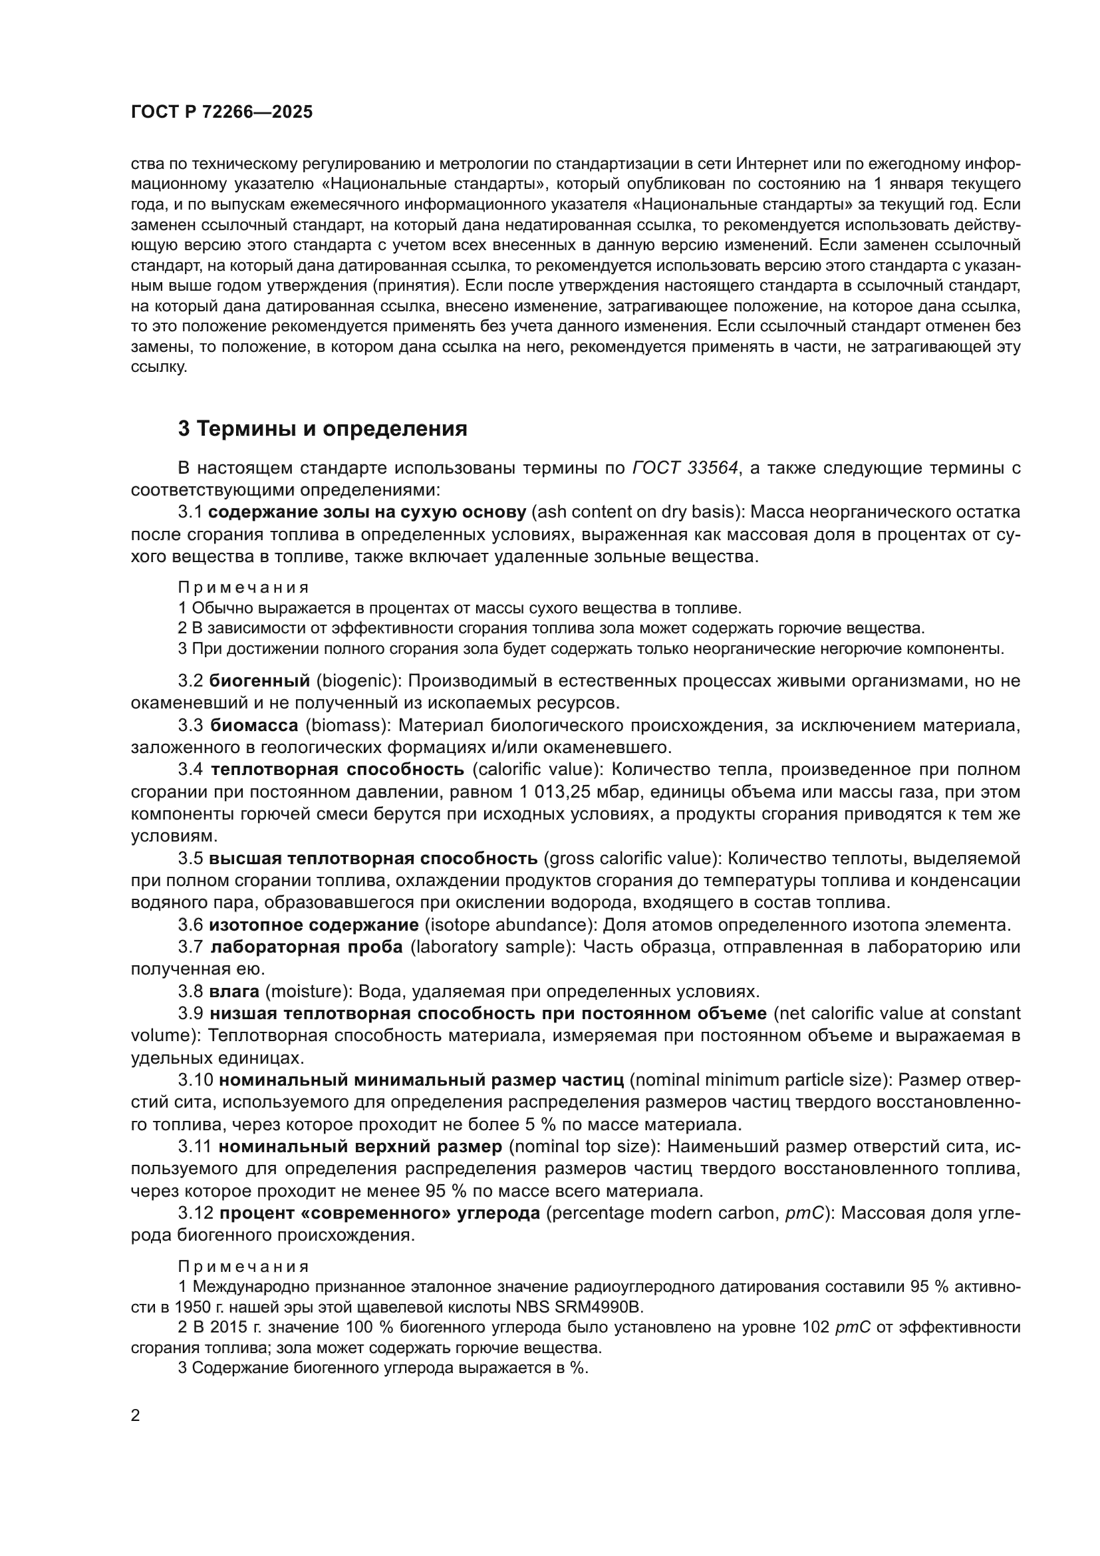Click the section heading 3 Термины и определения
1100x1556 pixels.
[x=323, y=428]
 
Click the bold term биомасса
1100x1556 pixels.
[x=254, y=725]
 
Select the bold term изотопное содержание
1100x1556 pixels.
[x=314, y=925]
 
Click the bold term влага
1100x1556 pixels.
[x=234, y=991]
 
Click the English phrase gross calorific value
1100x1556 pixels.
[x=632, y=858]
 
